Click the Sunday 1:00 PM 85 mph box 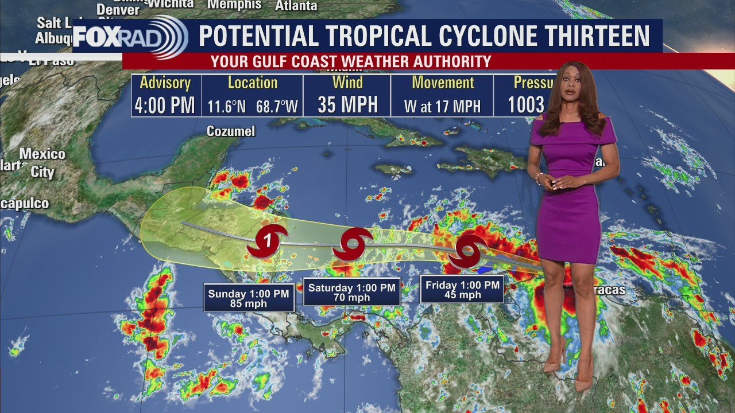[x=249, y=298]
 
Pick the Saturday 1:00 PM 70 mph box [x=351, y=293]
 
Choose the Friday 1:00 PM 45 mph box [x=462, y=290]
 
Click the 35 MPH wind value [x=347, y=105]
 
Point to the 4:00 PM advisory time [x=165, y=106]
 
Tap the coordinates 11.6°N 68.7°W [x=253, y=106]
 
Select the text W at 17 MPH [x=442, y=106]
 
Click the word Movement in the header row [x=443, y=83]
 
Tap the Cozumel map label [x=231, y=131]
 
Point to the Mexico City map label [x=42, y=163]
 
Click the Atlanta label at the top [x=296, y=6]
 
